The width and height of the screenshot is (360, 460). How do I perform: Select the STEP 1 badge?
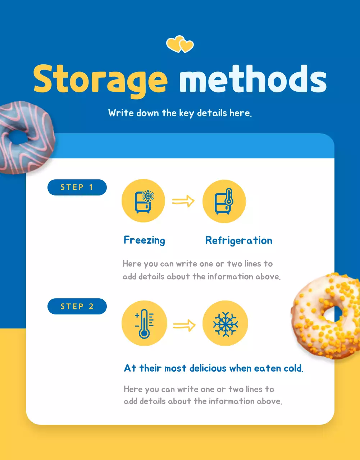77,187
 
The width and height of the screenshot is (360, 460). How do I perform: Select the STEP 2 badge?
77,307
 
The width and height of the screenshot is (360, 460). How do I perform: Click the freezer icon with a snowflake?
143,201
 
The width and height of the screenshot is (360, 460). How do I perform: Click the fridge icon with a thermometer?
224,201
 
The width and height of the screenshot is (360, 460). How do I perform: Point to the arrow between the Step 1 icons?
183,201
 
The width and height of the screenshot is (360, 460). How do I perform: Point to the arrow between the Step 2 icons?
184,326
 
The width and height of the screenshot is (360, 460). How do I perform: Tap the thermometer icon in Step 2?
144,323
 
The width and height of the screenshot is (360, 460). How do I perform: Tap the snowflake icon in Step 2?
225,323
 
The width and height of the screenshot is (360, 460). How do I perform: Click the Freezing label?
144,240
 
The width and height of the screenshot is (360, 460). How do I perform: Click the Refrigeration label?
238,240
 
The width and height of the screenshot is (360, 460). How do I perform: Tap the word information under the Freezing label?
230,277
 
